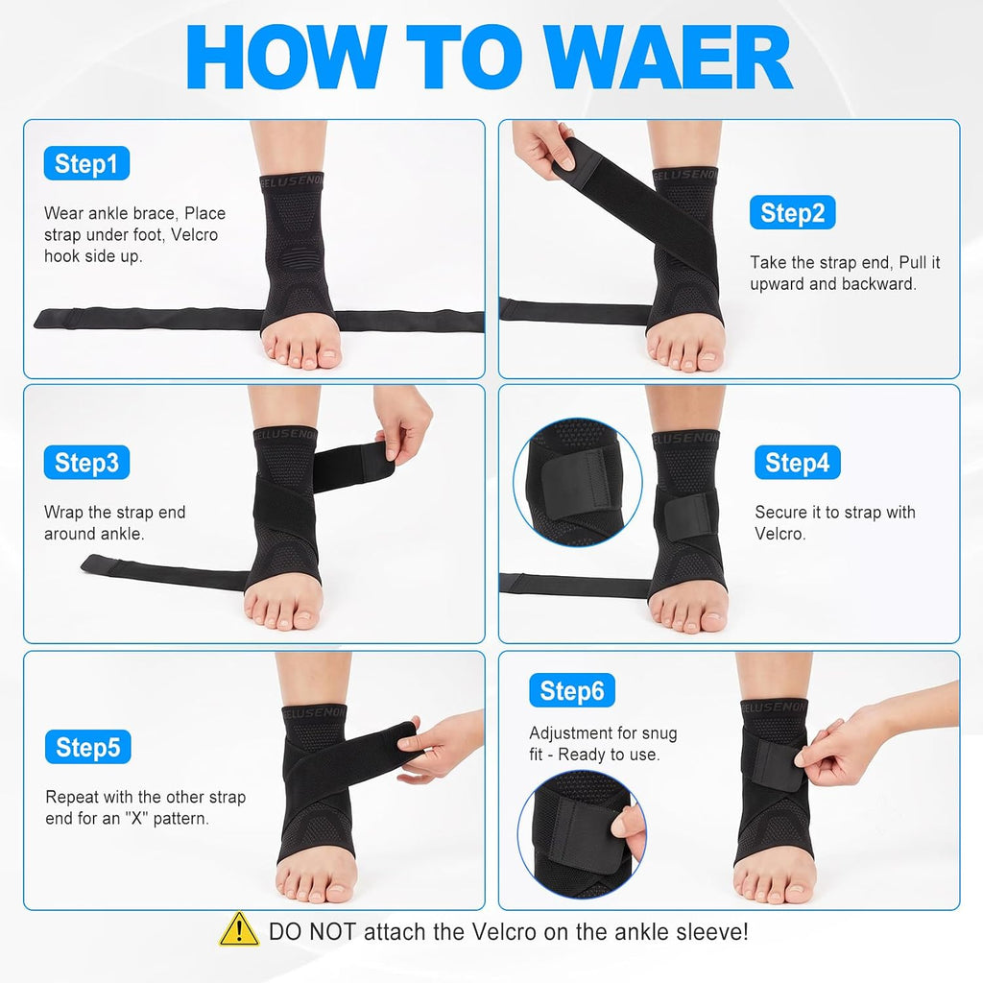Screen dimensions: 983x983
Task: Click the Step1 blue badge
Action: click(x=86, y=163)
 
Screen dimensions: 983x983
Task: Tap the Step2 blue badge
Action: click(x=792, y=212)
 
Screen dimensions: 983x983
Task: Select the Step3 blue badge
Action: click(x=86, y=462)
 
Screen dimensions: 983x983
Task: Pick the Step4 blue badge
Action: click(x=798, y=462)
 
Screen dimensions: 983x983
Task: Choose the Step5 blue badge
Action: click(x=87, y=747)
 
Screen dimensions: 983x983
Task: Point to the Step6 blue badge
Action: click(x=572, y=690)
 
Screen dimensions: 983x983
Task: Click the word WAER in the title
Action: click(x=668, y=57)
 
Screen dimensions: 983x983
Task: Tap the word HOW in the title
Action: click(x=286, y=57)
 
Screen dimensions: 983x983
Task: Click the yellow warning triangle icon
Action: click(x=239, y=929)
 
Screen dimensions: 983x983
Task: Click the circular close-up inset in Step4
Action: click(x=577, y=482)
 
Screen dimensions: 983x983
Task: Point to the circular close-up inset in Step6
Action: click(x=582, y=834)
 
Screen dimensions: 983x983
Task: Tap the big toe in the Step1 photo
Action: click(x=328, y=358)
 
